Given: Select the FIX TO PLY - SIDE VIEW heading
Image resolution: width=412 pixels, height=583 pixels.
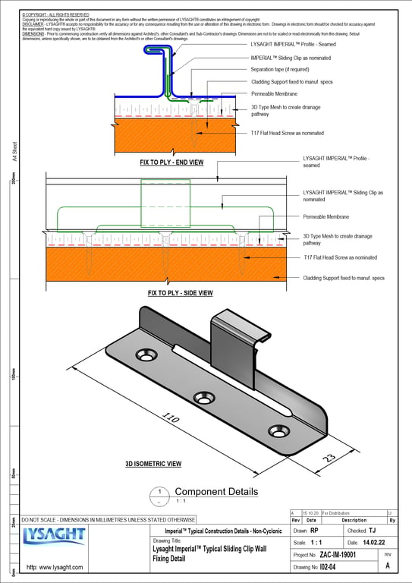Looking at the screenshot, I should pyautogui.click(x=180, y=292).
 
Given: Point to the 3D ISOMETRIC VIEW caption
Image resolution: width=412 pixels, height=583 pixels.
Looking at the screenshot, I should pyautogui.click(x=153, y=463).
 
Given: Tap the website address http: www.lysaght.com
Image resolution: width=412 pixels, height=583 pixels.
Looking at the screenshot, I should pyautogui.click(x=55, y=567).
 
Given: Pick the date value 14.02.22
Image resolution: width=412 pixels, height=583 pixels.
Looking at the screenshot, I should pyautogui.click(x=377, y=543).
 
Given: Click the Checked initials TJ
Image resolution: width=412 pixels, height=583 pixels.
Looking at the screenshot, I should pyautogui.click(x=372, y=531).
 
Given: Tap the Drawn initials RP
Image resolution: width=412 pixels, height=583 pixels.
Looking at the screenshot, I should pyautogui.click(x=314, y=531).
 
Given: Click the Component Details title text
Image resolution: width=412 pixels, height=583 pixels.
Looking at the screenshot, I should pyautogui.click(x=216, y=491).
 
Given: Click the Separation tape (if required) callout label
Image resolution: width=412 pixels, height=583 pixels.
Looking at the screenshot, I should pyautogui.click(x=284, y=69).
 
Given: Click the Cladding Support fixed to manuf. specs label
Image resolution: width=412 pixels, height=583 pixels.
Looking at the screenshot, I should pyautogui.click(x=344, y=278).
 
